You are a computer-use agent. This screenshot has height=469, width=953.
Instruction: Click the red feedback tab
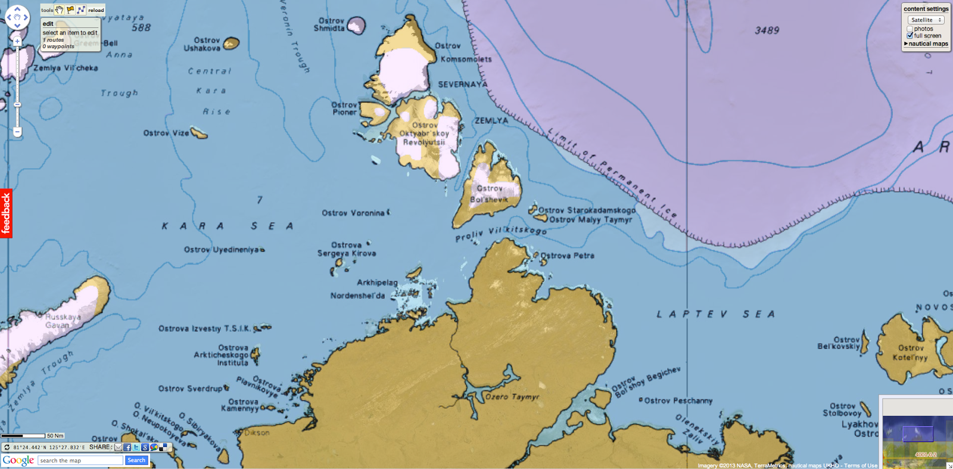6,213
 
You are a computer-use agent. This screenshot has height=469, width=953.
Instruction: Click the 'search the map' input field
80,461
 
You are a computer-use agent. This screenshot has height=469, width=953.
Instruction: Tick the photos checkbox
910,29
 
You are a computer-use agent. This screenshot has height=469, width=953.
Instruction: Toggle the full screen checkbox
910,36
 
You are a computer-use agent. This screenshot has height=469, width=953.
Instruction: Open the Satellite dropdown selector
926,20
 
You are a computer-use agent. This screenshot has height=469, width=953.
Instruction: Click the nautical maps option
927,44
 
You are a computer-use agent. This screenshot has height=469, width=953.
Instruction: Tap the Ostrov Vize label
166,133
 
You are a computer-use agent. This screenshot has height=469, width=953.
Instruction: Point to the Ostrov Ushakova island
231,43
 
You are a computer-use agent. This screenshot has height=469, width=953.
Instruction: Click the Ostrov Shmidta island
356,25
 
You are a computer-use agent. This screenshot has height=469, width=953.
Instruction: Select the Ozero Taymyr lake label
512,396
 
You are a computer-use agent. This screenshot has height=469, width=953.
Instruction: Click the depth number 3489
767,30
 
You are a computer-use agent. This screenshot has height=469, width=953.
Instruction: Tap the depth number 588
141,27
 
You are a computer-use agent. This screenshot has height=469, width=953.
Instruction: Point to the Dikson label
257,433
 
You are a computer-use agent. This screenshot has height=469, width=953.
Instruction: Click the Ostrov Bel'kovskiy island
865,343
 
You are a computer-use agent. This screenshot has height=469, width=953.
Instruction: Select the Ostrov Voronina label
353,213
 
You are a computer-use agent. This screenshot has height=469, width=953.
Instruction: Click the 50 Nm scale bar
24,436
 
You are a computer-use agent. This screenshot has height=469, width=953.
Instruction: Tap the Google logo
18,460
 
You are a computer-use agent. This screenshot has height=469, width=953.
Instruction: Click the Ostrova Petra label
567,256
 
